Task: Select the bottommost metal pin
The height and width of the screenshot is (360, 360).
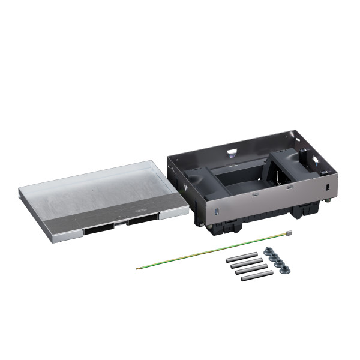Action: coord(257,275)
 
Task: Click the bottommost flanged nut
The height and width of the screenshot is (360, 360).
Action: coord(286,268)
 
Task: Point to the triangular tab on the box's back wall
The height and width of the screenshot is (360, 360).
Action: coord(232,149)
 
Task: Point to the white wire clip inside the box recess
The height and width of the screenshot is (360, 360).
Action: coord(277,178)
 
